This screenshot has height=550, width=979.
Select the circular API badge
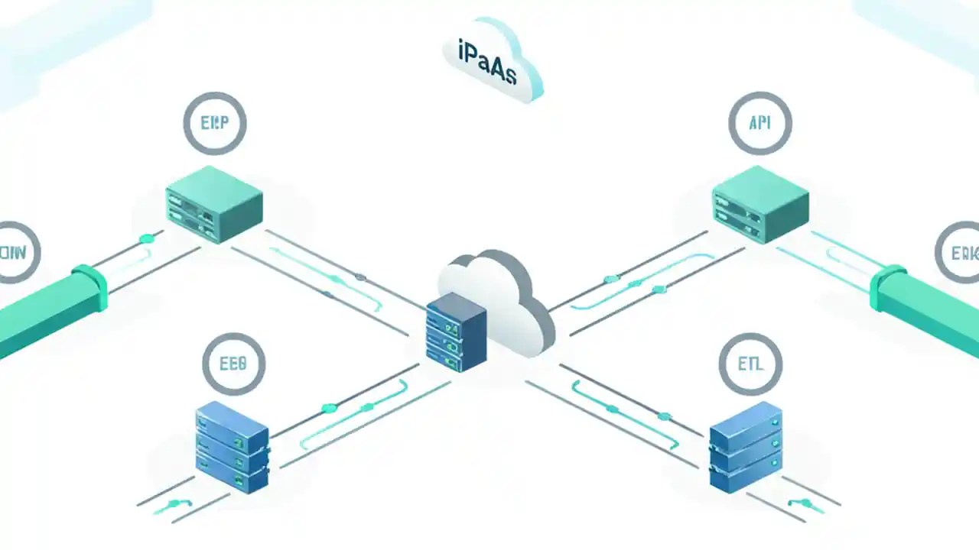click(x=759, y=123)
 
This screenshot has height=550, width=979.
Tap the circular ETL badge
click(x=750, y=364)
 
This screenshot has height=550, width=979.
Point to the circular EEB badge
click(x=233, y=364)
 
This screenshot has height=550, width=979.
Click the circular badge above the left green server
click(x=215, y=123)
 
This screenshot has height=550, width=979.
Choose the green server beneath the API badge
click(x=759, y=204)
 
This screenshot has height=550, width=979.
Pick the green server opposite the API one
click(x=214, y=204)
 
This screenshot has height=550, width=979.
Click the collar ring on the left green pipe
click(x=90, y=287)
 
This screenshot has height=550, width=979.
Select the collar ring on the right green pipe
click(x=888, y=288)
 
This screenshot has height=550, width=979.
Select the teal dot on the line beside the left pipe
click(x=147, y=239)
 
